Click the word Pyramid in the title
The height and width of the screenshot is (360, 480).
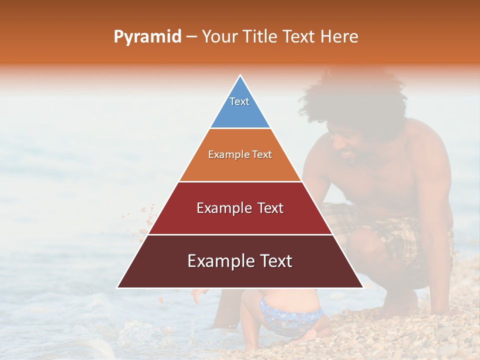click(x=147, y=37)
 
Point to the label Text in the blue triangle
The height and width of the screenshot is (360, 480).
click(x=239, y=101)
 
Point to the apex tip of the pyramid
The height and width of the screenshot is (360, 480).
click(x=240, y=76)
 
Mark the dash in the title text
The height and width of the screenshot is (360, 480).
click(x=191, y=37)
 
